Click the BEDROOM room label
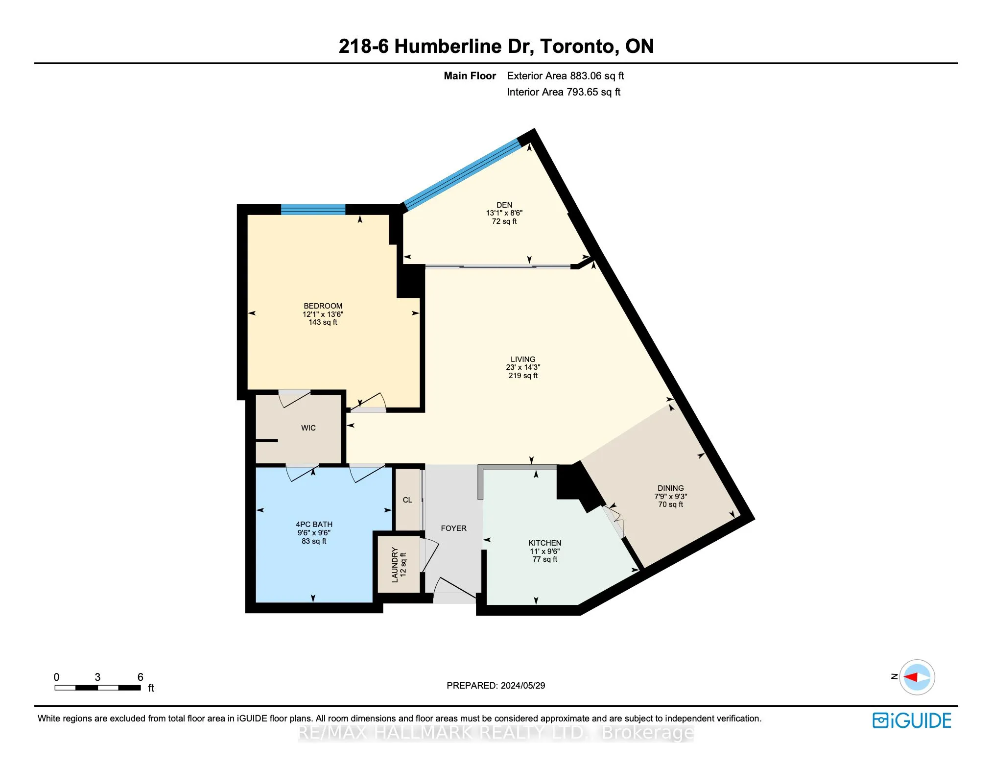323,306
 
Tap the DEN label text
504,205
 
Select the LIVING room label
523,359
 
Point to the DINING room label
670,488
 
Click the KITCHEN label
544,543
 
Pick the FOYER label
453,528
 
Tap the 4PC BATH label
314,525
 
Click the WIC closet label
308,428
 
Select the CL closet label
407,500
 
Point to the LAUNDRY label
395,565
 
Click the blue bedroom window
313,210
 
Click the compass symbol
917,677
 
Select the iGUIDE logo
912,720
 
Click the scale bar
98,688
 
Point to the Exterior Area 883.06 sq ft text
565,76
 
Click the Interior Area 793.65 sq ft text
564,92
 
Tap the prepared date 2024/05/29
523,686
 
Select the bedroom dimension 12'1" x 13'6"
323,314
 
